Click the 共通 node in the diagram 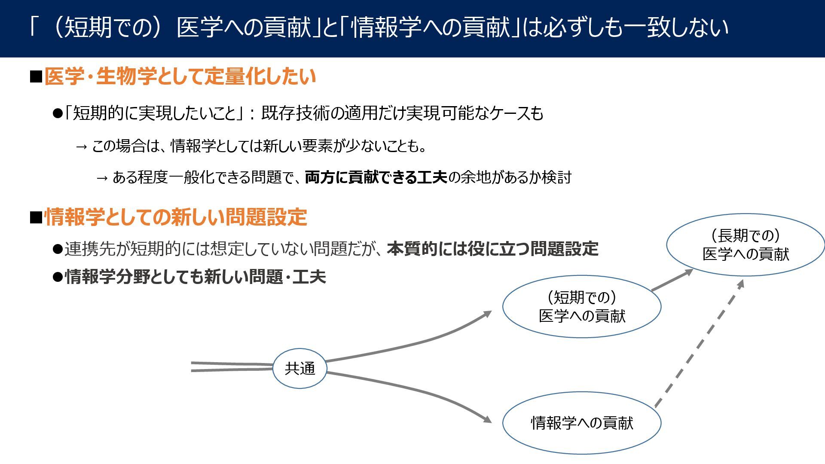point(299,368)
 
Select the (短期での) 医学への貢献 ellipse point(581,306)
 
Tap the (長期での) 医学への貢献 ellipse point(746,244)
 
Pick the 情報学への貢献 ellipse point(581,423)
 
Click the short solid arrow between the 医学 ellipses point(672,281)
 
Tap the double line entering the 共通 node point(232,366)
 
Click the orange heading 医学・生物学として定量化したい point(180,77)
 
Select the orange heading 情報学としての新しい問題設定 point(176,217)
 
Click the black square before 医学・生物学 point(36,77)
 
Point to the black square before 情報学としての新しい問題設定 point(36,217)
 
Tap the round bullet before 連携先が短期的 point(58,249)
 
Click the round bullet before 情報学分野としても point(58,277)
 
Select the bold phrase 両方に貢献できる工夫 point(376,177)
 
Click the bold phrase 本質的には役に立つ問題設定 point(492,249)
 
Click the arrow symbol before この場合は point(81,147)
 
